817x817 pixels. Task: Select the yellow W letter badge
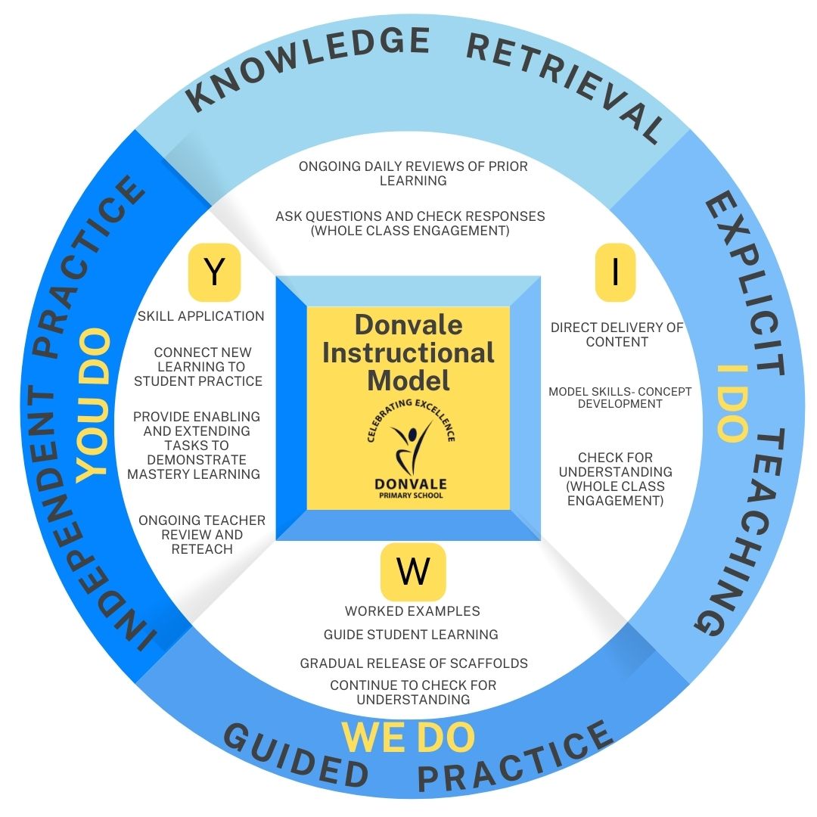point(413,572)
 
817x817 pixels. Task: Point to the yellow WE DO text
point(408,738)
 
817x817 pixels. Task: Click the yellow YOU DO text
point(94,404)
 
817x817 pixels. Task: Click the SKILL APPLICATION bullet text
point(200,316)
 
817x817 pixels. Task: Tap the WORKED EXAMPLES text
point(412,611)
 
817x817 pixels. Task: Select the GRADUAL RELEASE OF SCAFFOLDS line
point(414,663)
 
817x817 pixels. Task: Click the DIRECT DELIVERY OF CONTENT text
point(617,334)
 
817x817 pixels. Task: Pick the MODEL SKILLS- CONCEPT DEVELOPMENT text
point(620,397)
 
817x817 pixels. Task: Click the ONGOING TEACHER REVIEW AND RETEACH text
point(202,534)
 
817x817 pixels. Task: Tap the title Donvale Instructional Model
point(408,353)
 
